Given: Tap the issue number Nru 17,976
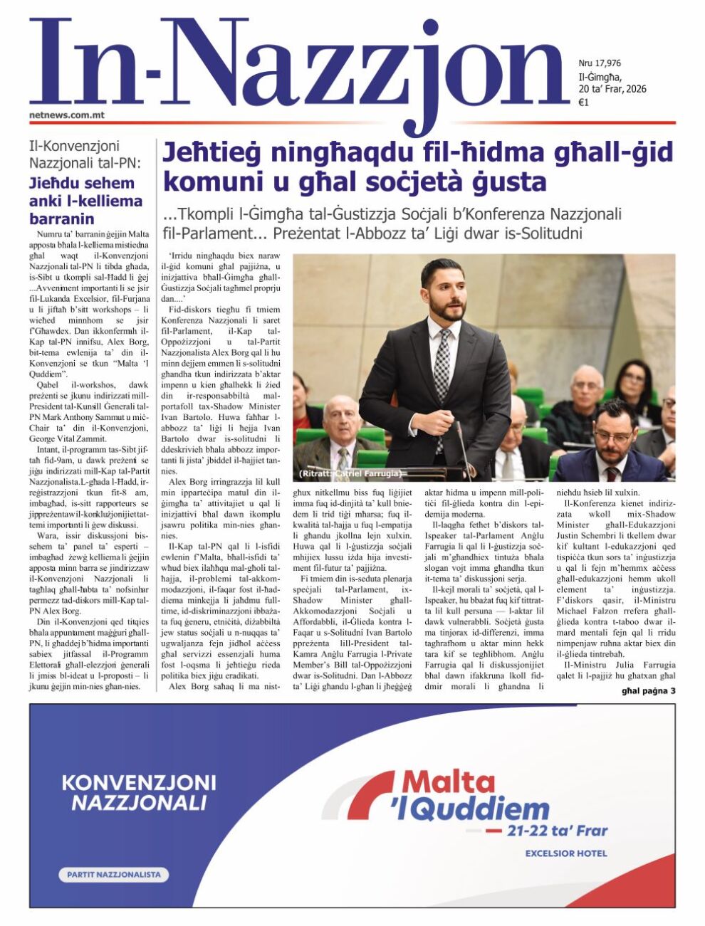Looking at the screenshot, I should [600, 63].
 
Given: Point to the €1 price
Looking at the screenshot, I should [583, 102].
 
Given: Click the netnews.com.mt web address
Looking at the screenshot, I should [67, 113].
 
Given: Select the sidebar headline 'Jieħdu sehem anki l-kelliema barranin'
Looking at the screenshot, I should [85, 201].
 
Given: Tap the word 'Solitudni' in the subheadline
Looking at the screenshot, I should [551, 233].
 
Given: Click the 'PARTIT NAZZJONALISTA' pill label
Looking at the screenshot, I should [113, 874].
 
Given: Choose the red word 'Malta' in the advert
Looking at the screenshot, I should [449, 782].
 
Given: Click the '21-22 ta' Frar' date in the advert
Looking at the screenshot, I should [557, 830].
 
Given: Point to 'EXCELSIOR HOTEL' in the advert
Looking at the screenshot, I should [566, 853].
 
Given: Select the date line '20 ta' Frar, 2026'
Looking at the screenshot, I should [612, 89].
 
